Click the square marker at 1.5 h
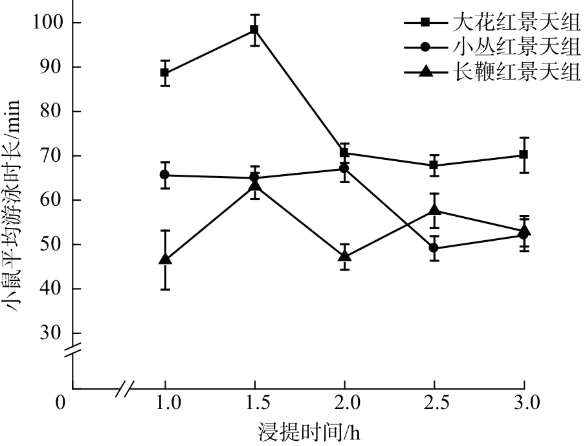(x=254, y=30)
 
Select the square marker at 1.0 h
(x=165, y=72)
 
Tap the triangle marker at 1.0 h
(x=165, y=259)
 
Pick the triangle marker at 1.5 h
(x=254, y=186)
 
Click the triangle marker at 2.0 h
(x=344, y=256)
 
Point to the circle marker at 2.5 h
(x=434, y=248)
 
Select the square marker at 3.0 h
(x=524, y=155)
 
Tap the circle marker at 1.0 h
(x=165, y=175)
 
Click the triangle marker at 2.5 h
(x=434, y=210)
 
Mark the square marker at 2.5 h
(x=434, y=165)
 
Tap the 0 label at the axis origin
(x=61, y=403)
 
